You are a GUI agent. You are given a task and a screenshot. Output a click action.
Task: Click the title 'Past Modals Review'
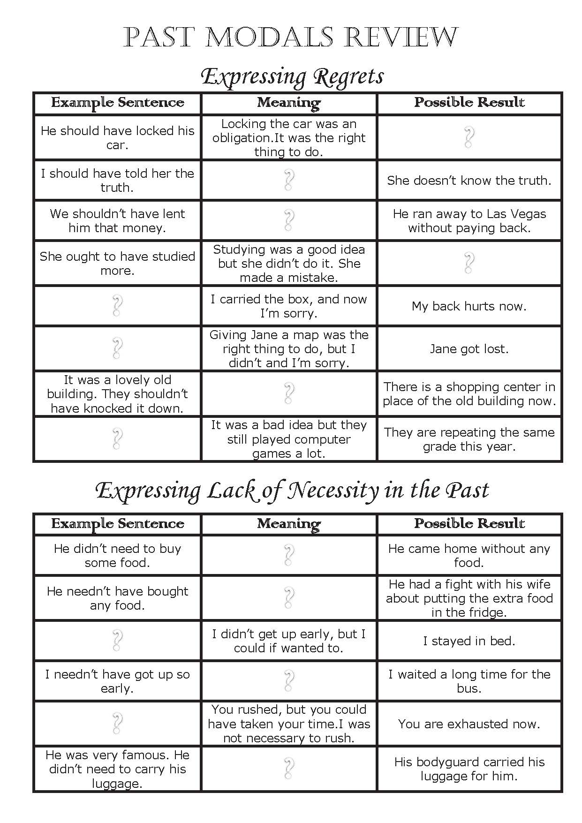coord(291,38)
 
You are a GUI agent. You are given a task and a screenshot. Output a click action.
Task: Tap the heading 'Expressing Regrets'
coord(292,76)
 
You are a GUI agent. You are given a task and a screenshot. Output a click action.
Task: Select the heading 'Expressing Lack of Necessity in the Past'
coord(292,491)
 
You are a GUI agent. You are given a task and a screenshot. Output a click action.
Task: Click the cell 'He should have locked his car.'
coord(117,137)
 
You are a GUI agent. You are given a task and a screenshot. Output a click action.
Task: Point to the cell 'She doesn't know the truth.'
coord(469,181)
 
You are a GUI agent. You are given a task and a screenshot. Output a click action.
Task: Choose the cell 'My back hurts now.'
coord(469,306)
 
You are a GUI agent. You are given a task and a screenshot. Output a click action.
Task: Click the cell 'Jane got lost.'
coord(469,349)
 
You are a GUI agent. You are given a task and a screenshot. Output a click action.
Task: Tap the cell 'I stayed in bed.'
coord(469,641)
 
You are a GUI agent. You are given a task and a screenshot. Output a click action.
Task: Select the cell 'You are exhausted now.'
coord(469,724)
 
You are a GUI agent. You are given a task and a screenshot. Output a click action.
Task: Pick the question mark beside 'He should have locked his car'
coord(469,137)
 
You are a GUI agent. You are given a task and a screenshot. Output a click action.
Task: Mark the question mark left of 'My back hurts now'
coord(117,306)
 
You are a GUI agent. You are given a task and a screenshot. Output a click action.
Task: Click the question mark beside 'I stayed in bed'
coord(117,641)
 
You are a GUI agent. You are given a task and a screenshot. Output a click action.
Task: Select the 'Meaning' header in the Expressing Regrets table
coord(289,102)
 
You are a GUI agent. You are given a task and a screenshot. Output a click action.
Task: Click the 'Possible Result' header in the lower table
coord(469,523)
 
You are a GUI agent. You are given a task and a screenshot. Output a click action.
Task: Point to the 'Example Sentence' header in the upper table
coord(117,102)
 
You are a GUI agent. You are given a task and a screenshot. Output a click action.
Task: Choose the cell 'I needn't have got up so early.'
coord(117,681)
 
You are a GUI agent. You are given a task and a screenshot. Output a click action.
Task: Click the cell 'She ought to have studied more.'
coord(117,263)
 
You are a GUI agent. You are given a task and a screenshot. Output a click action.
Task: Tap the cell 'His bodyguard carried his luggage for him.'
coord(469,769)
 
